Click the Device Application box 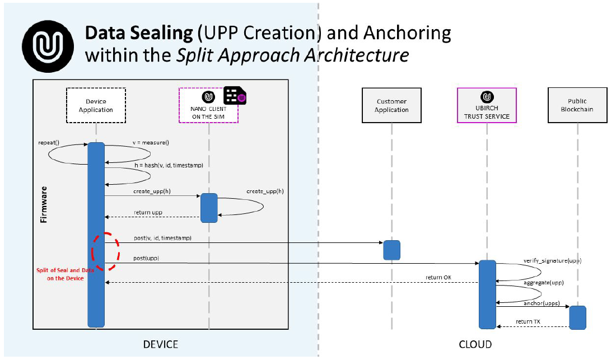(x=96, y=105)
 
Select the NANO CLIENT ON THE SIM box (x=208, y=105)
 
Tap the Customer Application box (x=391, y=105)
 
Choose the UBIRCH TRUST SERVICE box (x=487, y=105)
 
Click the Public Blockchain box (x=577, y=105)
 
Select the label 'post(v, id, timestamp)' (x=162, y=238)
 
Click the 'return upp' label (x=148, y=213)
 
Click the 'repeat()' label (x=49, y=143)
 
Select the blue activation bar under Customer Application (x=391, y=250)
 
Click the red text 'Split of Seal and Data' (x=62, y=270)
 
